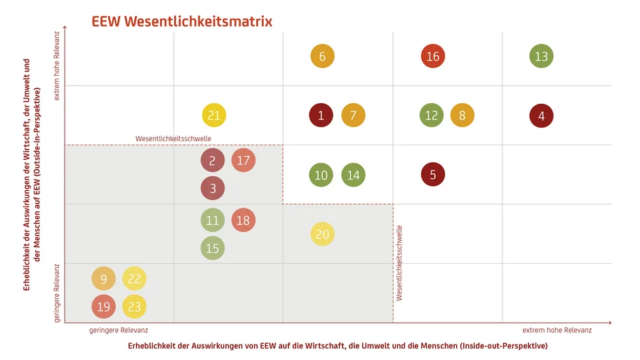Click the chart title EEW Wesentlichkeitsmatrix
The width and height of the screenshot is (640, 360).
[x=182, y=22]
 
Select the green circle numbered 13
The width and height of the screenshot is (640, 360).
[x=540, y=57]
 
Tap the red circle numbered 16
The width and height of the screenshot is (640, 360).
[x=432, y=57]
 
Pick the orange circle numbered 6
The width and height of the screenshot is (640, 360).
[x=322, y=57]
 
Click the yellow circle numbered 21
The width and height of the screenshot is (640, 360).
[x=214, y=116]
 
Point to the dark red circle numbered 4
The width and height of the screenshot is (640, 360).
[x=541, y=116]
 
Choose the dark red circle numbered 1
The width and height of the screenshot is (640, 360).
[x=321, y=116]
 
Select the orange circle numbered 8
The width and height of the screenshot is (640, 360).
[x=462, y=116]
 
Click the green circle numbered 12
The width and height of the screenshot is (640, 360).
[x=432, y=116]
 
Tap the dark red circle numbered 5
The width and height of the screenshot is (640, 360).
[x=433, y=175]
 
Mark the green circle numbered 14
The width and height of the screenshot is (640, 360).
[x=353, y=175]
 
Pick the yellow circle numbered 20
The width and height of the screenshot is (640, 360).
[x=322, y=234]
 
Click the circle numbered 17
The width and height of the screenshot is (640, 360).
[x=244, y=161]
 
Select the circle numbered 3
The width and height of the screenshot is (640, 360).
[x=213, y=188]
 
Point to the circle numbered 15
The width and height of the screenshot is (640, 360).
[x=213, y=248]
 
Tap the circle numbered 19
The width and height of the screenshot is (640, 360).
[x=103, y=306]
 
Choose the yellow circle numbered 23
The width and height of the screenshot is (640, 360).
[x=134, y=306]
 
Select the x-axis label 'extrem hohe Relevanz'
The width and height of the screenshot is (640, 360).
[x=556, y=330]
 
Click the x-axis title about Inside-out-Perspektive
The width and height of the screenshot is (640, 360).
[x=338, y=346]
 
